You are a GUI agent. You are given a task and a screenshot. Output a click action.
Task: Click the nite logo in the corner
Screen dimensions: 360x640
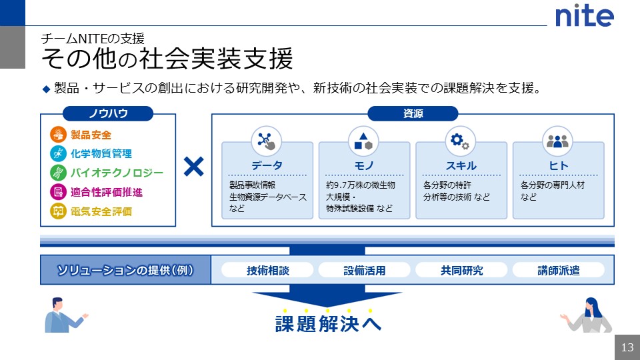[x=584, y=16]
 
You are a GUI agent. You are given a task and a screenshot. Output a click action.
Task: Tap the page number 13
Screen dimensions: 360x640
[x=627, y=347]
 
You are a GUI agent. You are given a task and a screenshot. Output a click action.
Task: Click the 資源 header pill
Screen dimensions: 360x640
[x=413, y=114]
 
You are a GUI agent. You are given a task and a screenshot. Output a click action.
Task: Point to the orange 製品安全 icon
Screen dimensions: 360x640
[x=58, y=135]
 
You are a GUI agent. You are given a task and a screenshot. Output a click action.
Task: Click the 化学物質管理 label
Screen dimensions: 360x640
[x=101, y=154]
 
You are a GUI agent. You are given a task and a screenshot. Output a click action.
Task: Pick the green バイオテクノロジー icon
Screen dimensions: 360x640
[x=58, y=173]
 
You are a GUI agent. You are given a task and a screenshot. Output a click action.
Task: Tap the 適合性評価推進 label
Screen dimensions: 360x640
[x=107, y=193]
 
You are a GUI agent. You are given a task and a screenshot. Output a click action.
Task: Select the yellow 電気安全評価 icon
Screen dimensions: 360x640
[x=58, y=212]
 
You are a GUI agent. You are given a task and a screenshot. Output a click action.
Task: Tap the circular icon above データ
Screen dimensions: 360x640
[x=267, y=141]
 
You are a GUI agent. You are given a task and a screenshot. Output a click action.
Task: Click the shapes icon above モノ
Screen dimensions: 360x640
[x=363, y=141]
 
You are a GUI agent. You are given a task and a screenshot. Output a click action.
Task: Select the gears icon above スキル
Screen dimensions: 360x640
[x=460, y=141]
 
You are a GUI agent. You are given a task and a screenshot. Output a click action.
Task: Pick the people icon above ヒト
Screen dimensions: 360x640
[x=557, y=141]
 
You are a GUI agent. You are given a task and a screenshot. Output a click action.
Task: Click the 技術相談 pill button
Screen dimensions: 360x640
[x=267, y=270]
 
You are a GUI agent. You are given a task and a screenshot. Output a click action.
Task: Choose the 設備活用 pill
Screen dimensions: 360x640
[x=364, y=270]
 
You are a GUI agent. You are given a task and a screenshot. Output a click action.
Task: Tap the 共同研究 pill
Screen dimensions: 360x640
[x=461, y=270]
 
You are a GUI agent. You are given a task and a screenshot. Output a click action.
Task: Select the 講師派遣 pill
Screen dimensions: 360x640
[x=558, y=270]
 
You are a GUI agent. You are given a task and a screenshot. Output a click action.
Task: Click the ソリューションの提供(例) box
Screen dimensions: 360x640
[x=125, y=270]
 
